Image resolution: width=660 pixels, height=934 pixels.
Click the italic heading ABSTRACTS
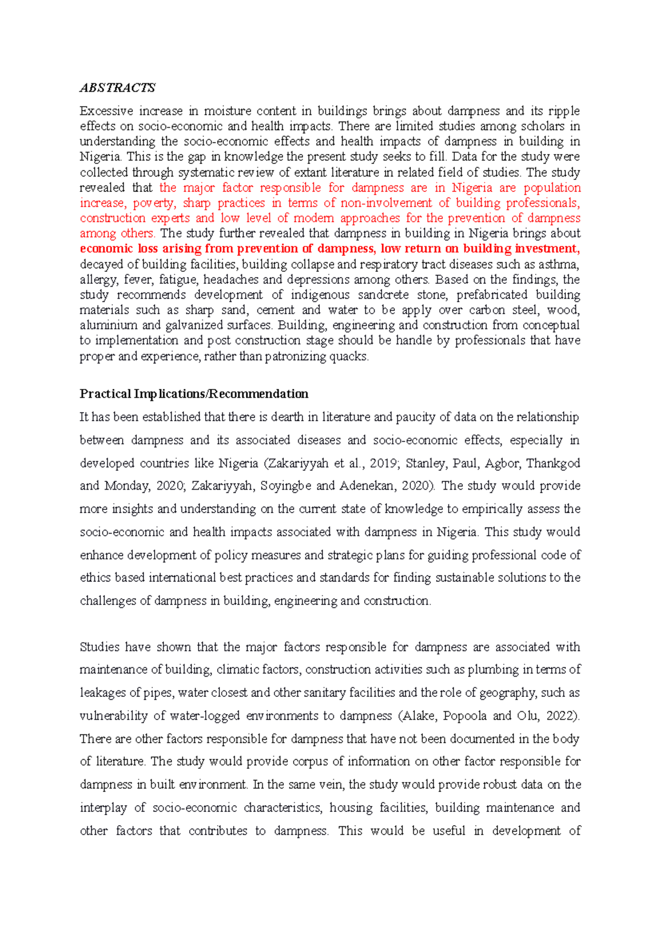click(x=117, y=88)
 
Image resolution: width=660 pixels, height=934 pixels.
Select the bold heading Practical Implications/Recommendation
click(x=194, y=394)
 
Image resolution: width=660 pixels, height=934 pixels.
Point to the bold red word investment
click(x=547, y=249)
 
